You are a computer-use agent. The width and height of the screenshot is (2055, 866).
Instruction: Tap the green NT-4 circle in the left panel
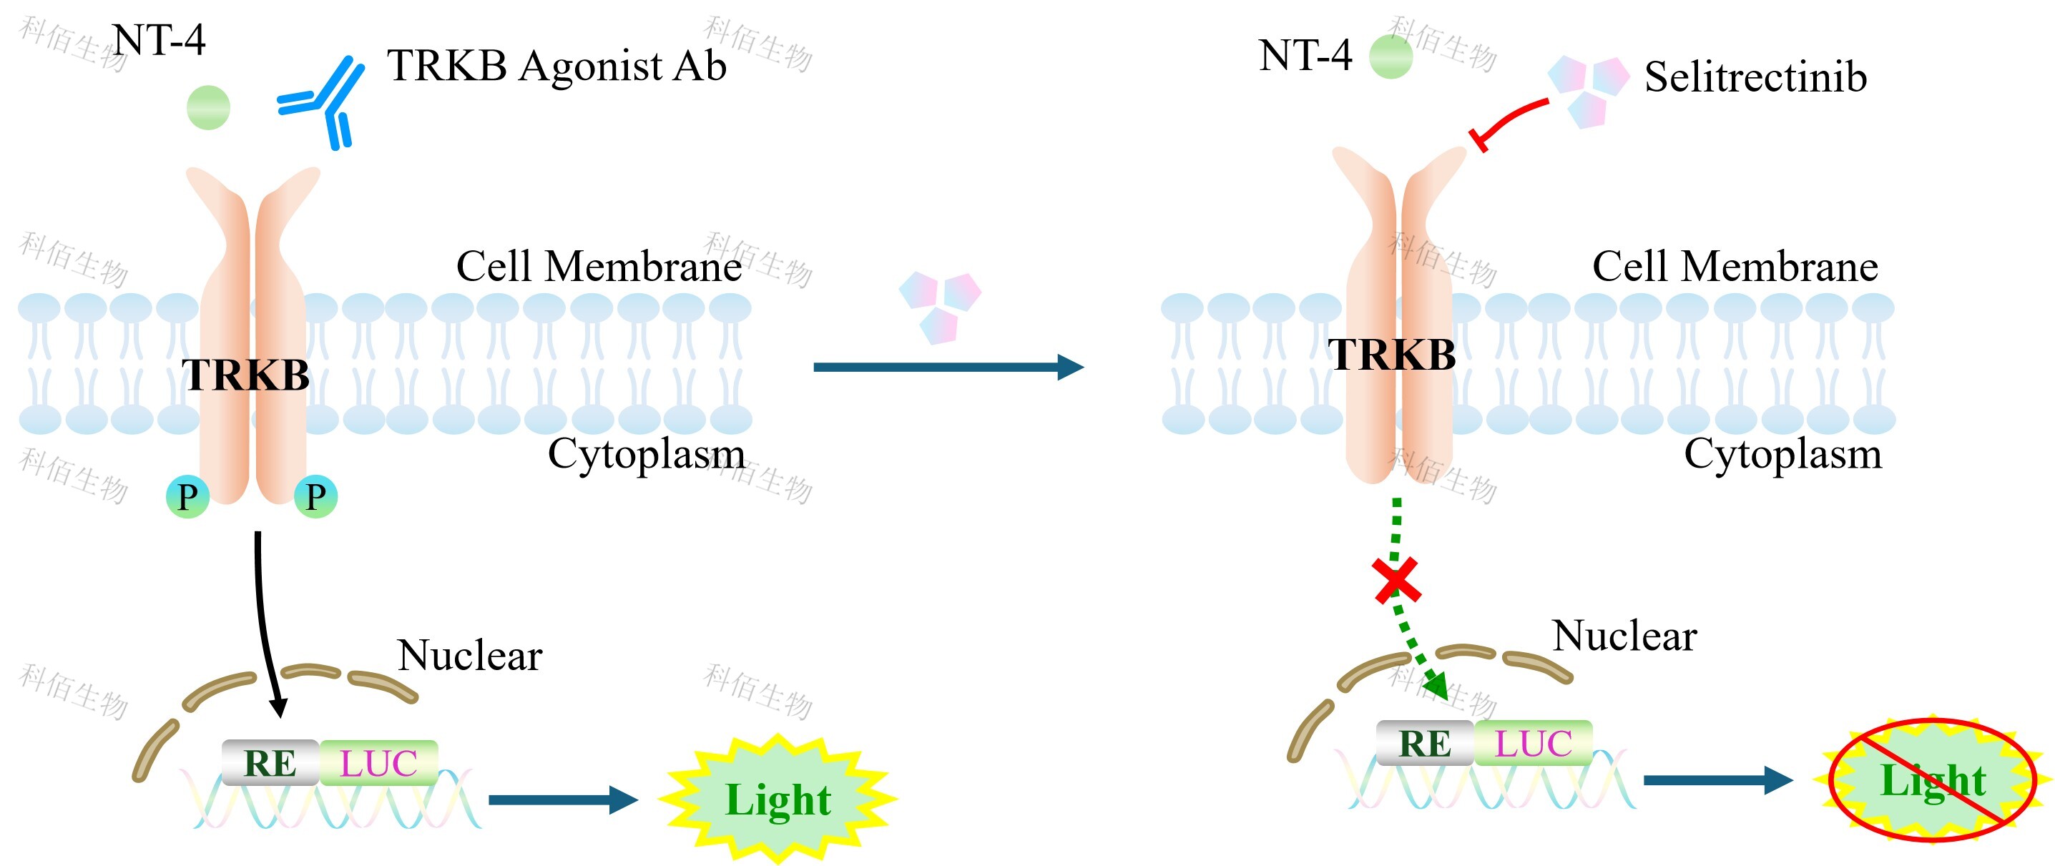(208, 108)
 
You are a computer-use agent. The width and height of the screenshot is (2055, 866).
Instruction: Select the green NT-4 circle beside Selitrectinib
(1391, 56)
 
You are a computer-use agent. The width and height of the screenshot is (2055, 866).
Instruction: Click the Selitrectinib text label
(1755, 77)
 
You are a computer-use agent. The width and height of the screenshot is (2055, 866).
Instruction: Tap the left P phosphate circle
(187, 497)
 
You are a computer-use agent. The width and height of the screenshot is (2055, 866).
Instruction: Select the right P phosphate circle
(316, 497)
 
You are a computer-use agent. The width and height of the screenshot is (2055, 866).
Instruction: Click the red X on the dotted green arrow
(1396, 580)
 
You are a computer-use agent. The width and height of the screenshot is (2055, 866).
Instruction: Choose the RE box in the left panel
(270, 763)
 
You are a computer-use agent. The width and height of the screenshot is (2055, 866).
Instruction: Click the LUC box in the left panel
(379, 763)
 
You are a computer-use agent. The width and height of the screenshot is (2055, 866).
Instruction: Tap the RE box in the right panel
(1425, 743)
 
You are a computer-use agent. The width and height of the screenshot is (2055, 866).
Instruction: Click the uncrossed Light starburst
(778, 799)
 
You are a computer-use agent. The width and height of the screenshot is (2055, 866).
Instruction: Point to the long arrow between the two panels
(948, 367)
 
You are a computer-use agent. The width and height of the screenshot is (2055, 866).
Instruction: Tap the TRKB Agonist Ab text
(556, 65)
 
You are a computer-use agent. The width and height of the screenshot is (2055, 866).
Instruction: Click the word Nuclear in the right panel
(1624, 636)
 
